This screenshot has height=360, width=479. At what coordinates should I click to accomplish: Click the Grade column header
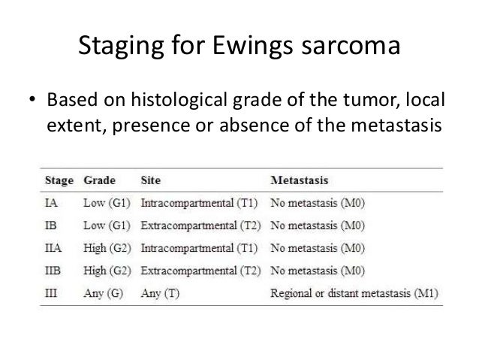coord(99,181)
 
